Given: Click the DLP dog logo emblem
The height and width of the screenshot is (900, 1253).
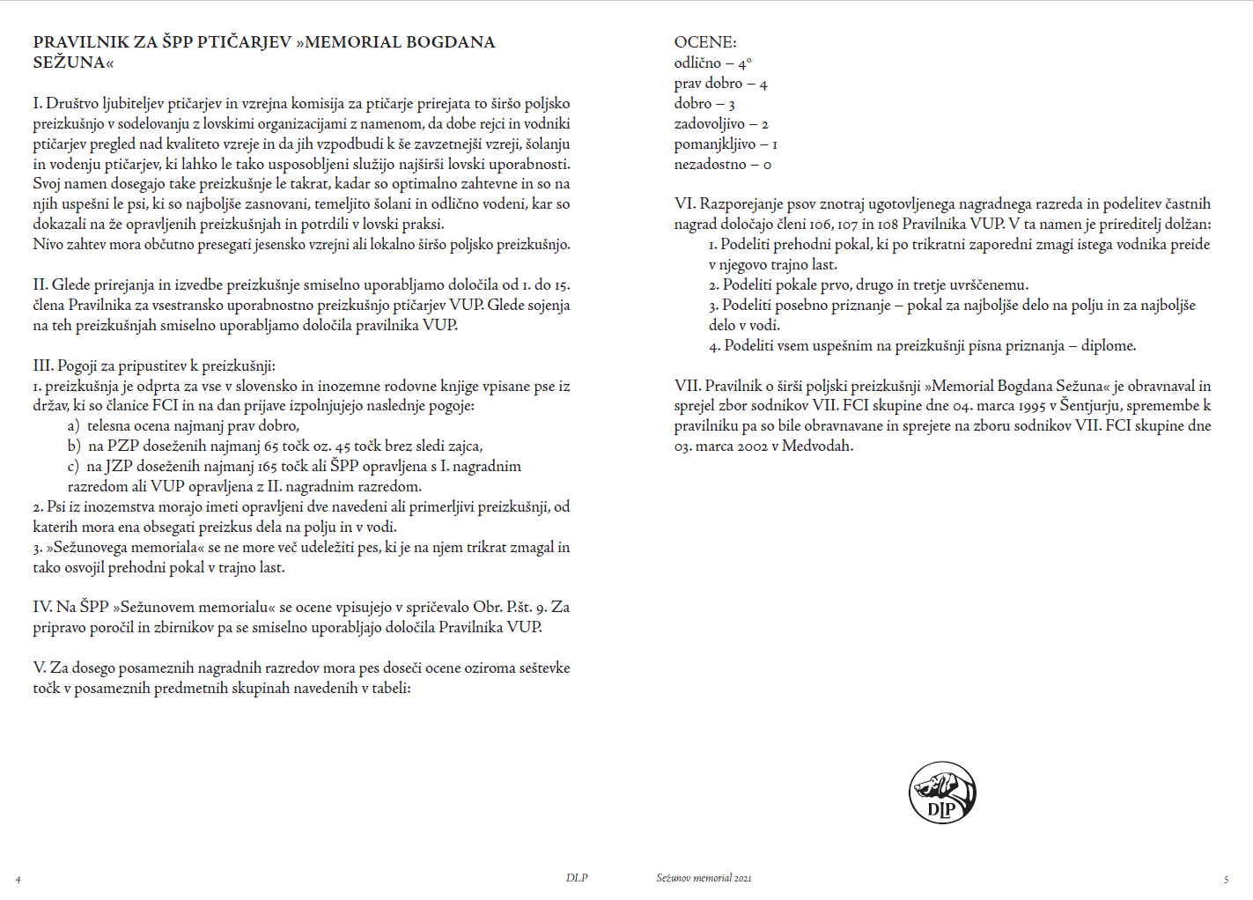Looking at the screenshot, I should (942, 793).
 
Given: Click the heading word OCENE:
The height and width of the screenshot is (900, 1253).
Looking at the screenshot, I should (705, 42).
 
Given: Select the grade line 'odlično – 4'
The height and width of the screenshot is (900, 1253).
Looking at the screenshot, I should (712, 63).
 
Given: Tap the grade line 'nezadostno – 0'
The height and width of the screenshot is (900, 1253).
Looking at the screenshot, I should (722, 165).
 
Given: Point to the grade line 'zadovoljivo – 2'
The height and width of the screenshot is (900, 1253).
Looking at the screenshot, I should (721, 124).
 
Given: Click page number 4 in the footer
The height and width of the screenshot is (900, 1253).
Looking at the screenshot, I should (18, 879).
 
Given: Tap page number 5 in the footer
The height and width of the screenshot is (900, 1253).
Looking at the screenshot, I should (1226, 879).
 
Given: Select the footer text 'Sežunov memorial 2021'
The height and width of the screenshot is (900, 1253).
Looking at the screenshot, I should (704, 878).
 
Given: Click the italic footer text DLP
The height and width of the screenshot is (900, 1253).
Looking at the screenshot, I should (577, 878).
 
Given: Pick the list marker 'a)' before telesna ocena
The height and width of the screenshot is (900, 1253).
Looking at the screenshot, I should (73, 426).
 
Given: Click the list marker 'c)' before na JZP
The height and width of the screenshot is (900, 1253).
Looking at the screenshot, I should (73, 467).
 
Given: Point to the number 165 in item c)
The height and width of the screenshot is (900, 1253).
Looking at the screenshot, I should (268, 467).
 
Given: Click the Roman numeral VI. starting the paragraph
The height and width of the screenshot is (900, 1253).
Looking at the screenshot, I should (685, 204).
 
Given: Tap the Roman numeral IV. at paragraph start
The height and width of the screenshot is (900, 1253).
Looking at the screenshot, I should (43, 608).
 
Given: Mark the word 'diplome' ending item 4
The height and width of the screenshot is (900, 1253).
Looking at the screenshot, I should (1108, 346).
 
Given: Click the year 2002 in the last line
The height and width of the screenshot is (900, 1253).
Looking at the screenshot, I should (749, 446).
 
